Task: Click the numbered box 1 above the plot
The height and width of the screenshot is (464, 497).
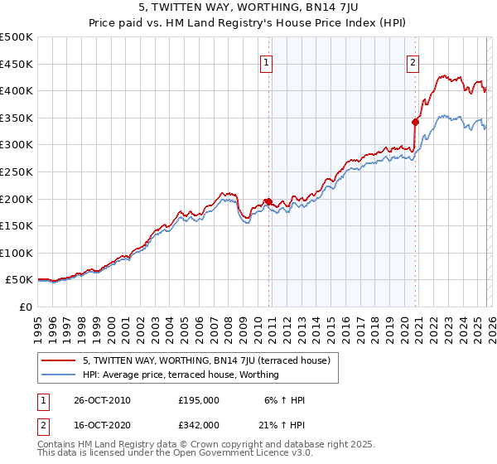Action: coord(267,61)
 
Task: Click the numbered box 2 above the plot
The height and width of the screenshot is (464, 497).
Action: coord(413,61)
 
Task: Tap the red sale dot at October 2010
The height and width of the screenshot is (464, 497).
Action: coord(268,201)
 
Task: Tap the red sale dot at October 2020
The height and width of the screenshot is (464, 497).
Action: coord(415,122)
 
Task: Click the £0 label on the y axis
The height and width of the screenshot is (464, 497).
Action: coord(25,307)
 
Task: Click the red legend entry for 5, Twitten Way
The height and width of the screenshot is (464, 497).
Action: coord(206,360)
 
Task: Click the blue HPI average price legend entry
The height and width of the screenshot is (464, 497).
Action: coord(181,375)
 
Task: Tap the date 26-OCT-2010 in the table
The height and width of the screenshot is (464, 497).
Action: coord(102,400)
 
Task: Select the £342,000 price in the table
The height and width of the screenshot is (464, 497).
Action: coord(198,424)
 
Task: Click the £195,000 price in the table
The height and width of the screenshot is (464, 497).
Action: coord(198,400)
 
